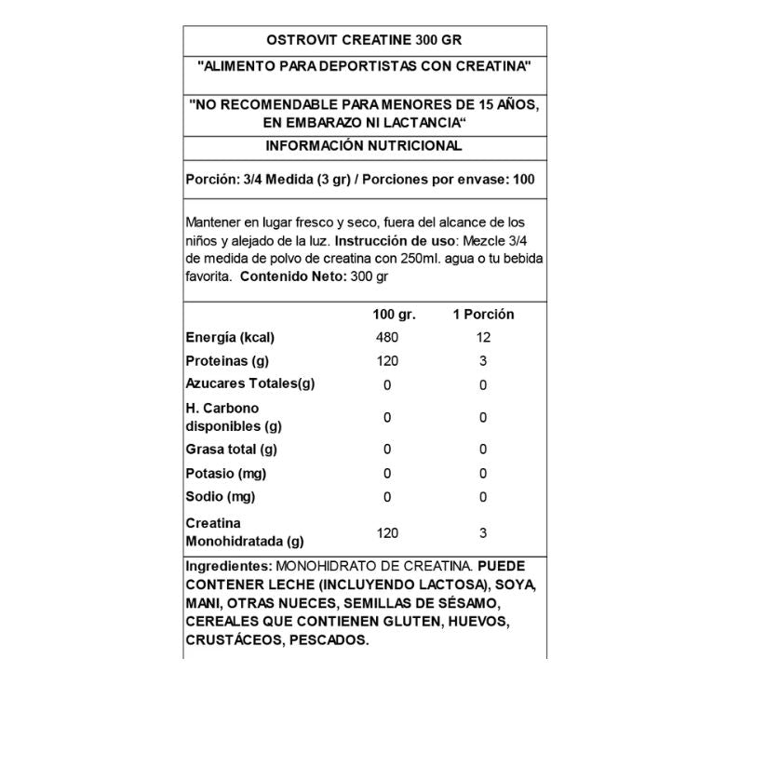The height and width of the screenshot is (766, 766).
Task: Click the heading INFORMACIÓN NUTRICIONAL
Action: (364, 146)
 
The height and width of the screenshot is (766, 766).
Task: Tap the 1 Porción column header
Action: (483, 315)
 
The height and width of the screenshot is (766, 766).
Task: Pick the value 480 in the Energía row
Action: (387, 338)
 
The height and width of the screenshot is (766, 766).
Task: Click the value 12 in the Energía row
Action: (483, 338)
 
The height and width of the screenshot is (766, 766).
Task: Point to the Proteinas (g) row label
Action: (227, 361)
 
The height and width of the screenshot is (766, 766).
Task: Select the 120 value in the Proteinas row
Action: (387, 361)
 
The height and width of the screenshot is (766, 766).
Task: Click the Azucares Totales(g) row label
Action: (250, 384)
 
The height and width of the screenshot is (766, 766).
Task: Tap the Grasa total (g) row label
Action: (232, 450)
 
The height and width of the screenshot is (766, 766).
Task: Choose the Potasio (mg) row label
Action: (226, 473)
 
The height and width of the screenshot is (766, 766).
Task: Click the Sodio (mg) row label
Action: (221, 496)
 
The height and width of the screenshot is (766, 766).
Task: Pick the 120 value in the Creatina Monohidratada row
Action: (387, 533)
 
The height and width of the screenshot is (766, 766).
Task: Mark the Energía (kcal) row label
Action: (230, 338)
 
